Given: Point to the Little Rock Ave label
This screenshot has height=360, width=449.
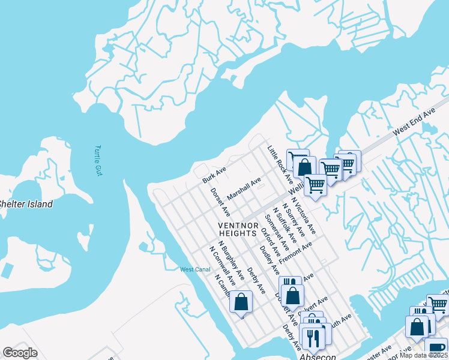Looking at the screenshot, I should coord(280,164).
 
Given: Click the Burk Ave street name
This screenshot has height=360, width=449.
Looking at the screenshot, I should coord(214,175).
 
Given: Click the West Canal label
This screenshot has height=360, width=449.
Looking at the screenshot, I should coord(195,269).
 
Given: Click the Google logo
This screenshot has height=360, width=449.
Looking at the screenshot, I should coord(20,353).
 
